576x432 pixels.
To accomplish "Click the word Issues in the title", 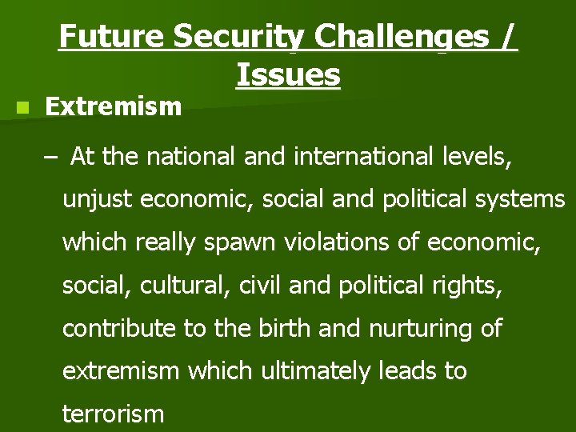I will pos(288,75).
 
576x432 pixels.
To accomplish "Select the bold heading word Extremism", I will pos(114,106).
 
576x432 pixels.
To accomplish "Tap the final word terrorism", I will pos(113,414).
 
